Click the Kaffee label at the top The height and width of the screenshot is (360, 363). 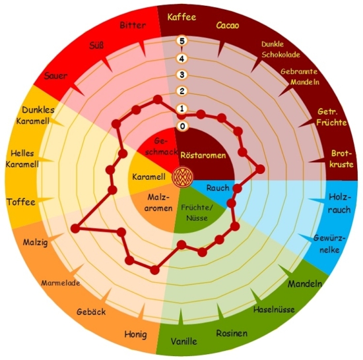click(181, 17)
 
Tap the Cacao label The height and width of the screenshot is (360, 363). click(228, 25)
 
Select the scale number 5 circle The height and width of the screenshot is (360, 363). click(181, 41)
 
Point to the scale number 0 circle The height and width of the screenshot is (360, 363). click(182, 126)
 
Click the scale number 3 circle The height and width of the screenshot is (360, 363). click(182, 75)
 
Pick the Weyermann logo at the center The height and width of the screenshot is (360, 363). click(182, 177)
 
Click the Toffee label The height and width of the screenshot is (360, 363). click(21, 202)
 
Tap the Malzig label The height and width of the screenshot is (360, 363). click(36, 242)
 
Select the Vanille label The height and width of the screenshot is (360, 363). click(184, 342)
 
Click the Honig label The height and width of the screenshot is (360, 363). click(136, 334)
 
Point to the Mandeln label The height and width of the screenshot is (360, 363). click(305, 284)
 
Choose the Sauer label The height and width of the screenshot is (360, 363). click(56, 76)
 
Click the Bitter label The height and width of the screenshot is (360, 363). click(133, 25)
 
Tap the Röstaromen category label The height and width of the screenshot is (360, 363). click(203, 155)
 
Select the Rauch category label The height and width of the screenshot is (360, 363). click(218, 188)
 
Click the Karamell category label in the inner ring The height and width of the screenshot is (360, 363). click(148, 177)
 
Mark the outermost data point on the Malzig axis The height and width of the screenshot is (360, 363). click(75, 229)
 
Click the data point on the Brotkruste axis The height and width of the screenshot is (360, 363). click(260, 169)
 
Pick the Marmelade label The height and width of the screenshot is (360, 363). click(61, 283)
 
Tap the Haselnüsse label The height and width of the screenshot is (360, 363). click(274, 309)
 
